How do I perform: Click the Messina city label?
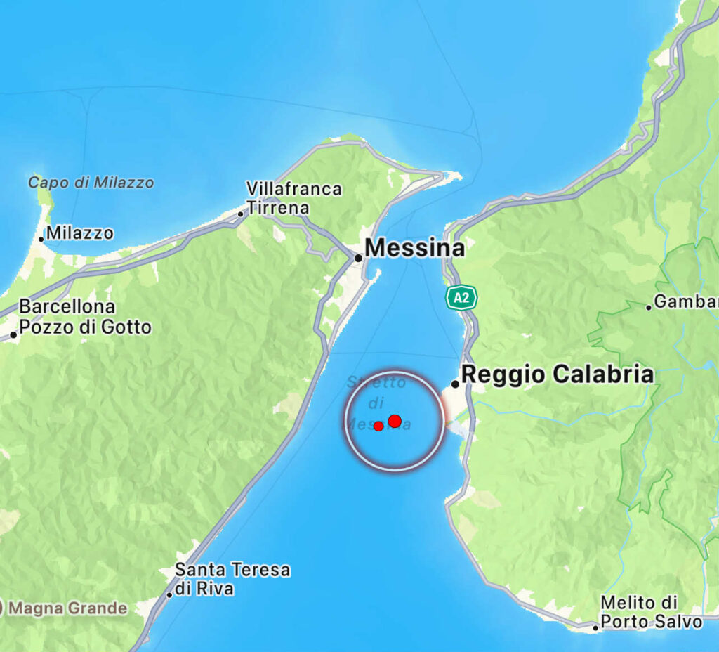pos(415,248)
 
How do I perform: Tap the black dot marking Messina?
pos(358,258)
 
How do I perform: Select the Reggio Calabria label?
pos(557,374)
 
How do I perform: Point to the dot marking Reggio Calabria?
pos(455,384)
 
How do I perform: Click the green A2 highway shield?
pos(461,297)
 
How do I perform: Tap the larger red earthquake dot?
pos(395,421)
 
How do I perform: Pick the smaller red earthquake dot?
pos(378,426)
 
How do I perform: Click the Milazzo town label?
pos(79,233)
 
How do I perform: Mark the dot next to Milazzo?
pos(41,239)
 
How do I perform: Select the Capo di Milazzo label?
pos(91,183)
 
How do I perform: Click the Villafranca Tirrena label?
pos(293,198)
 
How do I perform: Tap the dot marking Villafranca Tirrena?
pos(241,214)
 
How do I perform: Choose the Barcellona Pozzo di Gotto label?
pos(84,317)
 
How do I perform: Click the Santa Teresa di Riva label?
pos(232,578)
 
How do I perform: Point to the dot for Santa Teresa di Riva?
pos(170,595)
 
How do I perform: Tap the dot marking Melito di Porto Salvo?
pos(595,627)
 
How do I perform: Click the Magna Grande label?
pos(67,608)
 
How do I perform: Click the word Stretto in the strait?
pos(376,383)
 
